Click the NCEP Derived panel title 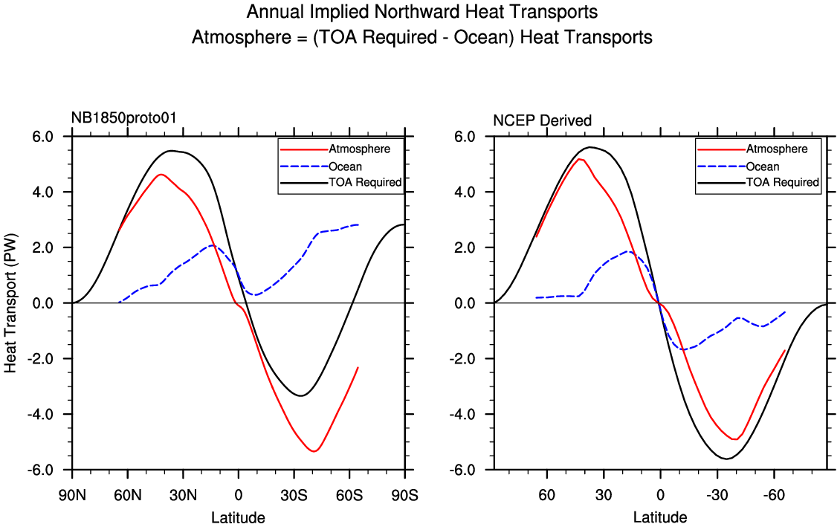tap(543, 120)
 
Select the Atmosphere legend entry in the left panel tap(359, 149)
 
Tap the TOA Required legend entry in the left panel tap(365, 182)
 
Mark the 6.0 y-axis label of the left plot tap(42, 137)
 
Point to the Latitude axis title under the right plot tap(660, 517)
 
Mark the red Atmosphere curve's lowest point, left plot tap(314, 451)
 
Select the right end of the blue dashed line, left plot tap(359, 224)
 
